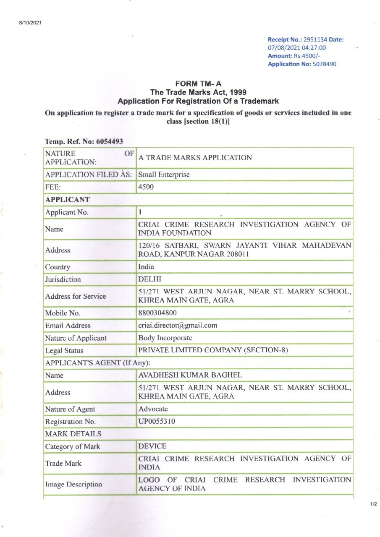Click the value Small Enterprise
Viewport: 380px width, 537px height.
164,175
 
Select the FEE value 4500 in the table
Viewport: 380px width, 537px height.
146,187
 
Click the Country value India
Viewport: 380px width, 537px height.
146,267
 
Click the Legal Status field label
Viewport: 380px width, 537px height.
64,351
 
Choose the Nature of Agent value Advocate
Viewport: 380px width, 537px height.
153,409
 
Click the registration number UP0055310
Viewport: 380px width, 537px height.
157,422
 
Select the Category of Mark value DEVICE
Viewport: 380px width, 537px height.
152,446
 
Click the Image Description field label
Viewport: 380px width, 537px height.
74,485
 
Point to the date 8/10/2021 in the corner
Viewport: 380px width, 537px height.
30,22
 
